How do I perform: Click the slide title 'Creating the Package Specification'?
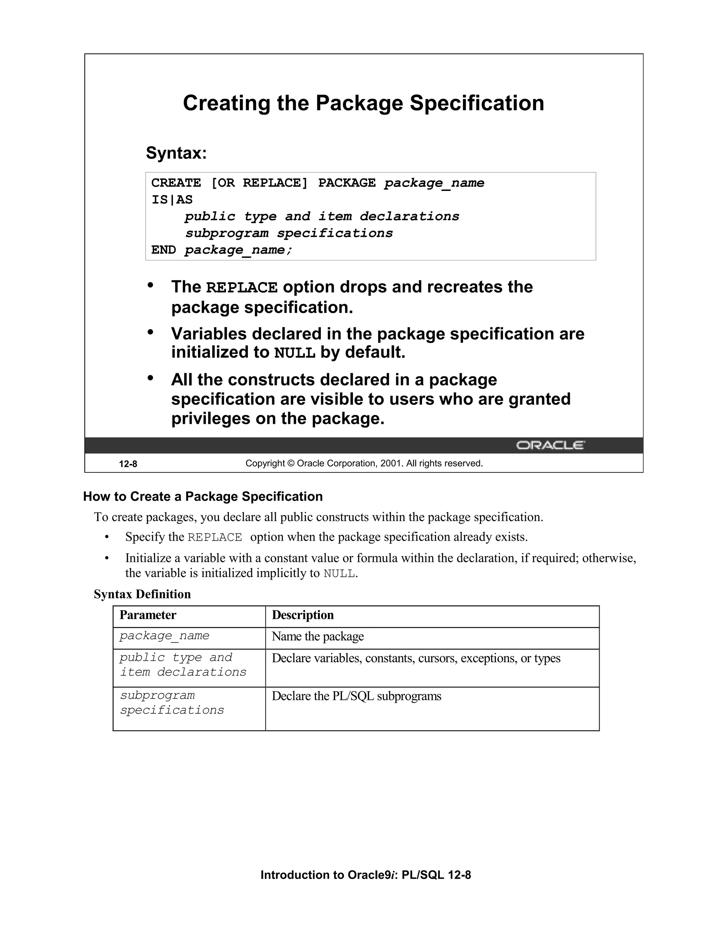(x=363, y=103)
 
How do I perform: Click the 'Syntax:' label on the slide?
(x=176, y=153)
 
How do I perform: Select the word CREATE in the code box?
(x=176, y=183)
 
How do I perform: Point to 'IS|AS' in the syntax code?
(x=172, y=200)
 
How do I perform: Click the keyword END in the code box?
(x=163, y=250)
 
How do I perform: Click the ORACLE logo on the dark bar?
(x=550, y=445)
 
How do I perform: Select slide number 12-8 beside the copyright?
(x=128, y=464)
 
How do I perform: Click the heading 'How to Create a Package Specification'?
(x=203, y=497)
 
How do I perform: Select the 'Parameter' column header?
(x=148, y=615)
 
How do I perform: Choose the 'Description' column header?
(x=302, y=615)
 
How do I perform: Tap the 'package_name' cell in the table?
(x=164, y=636)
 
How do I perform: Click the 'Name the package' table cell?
(x=317, y=637)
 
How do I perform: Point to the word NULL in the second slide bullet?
(x=295, y=353)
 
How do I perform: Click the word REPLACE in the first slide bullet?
(x=242, y=288)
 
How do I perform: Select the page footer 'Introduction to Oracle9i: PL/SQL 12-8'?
(x=365, y=875)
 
